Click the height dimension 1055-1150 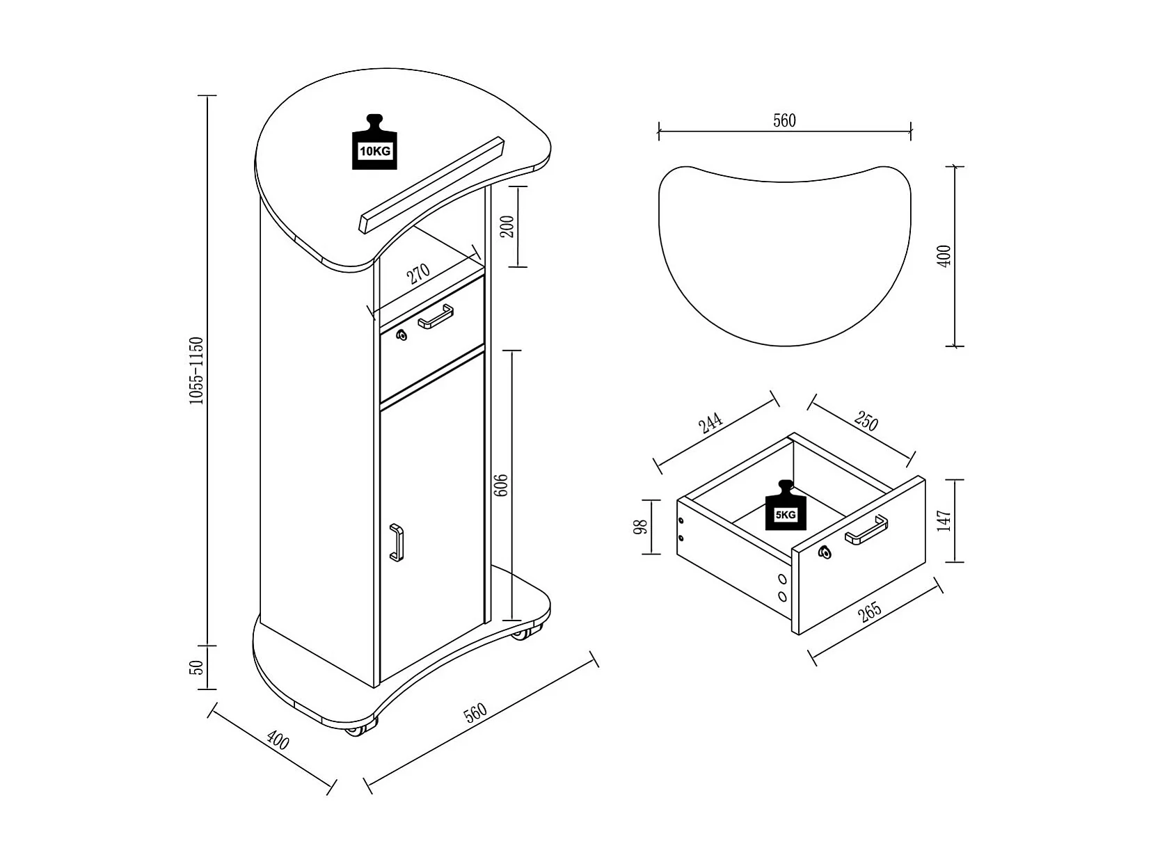196,371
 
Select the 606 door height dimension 500,485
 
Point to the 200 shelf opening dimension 507,226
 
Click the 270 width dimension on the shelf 419,273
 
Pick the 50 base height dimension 197,667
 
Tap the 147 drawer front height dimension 944,520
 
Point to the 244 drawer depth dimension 711,423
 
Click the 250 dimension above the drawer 866,422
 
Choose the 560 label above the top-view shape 784,120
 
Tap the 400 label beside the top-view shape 944,256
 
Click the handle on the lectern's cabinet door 396,542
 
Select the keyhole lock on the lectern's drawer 401,336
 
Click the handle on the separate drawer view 866,530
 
